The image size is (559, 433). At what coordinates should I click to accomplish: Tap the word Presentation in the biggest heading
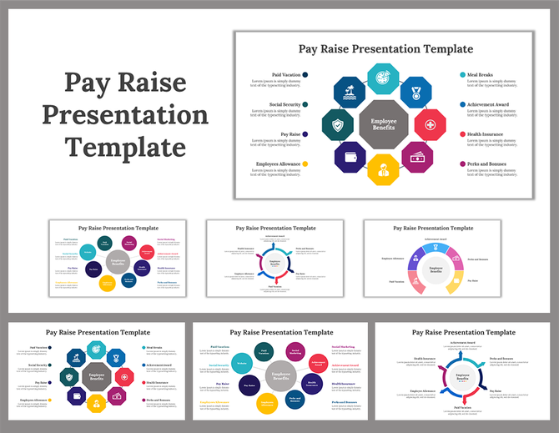point(125,115)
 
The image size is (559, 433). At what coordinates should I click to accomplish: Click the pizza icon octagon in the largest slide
point(383,79)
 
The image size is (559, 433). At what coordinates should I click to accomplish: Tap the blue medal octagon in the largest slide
point(415,92)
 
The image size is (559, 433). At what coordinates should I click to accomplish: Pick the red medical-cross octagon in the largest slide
point(430,125)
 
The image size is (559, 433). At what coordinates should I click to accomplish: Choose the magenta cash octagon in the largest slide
point(416,157)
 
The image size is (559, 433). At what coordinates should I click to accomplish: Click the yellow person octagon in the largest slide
point(383,170)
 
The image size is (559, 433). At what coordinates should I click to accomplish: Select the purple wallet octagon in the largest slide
point(350,157)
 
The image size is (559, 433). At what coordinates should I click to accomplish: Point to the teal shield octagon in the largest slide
point(337,125)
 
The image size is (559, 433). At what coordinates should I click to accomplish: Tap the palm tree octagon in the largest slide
point(350,93)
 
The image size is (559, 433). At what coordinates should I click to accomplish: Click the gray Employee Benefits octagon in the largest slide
point(383,125)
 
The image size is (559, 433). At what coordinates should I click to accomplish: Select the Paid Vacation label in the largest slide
point(285,75)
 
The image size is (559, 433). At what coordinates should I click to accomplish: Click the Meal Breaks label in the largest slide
point(480,75)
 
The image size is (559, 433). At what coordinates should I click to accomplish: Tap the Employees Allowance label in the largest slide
point(279,164)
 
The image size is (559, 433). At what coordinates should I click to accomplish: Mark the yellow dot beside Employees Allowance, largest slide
point(305,164)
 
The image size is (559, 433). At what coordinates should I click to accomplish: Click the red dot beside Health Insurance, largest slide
point(461,134)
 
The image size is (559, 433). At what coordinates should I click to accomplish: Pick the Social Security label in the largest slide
point(285,104)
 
